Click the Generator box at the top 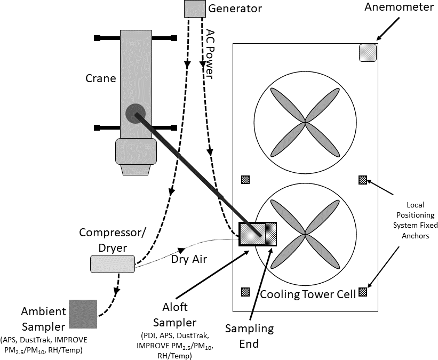[x=195, y=9]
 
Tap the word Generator [x=235, y=9]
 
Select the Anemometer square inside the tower [x=368, y=53]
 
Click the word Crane [x=100, y=78]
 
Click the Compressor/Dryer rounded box [x=113, y=263]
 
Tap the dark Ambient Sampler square [x=83, y=314]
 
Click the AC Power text [x=210, y=53]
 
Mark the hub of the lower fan [x=305, y=234]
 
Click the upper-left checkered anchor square [x=245, y=180]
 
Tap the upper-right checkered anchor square [x=362, y=180]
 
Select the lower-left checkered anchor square [x=245, y=292]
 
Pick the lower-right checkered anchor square [x=363, y=292]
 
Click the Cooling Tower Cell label [x=308, y=294]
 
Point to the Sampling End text [x=249, y=336]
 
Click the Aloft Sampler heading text [x=174, y=316]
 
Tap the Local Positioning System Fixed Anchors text [x=415, y=220]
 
